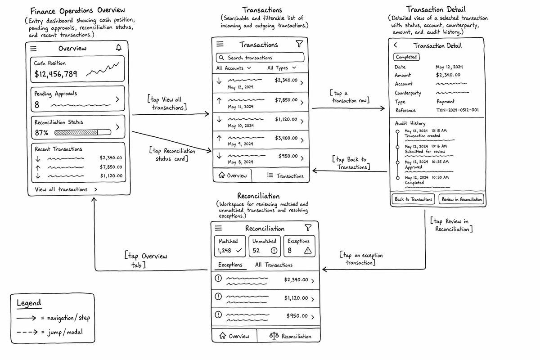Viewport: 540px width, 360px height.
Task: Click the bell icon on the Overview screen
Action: (x=119, y=48)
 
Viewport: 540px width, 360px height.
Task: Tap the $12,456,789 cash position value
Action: (x=56, y=74)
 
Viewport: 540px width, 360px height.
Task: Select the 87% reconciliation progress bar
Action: (x=83, y=132)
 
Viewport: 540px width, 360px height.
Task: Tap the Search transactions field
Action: (x=260, y=58)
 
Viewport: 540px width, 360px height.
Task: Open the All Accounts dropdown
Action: (x=234, y=68)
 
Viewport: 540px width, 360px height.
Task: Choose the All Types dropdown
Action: (x=282, y=68)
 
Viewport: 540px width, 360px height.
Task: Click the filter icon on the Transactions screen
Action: (x=299, y=44)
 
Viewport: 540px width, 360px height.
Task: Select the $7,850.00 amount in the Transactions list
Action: (x=286, y=100)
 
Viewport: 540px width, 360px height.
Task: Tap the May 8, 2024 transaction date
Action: (x=240, y=162)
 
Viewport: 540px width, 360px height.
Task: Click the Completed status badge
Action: (x=406, y=57)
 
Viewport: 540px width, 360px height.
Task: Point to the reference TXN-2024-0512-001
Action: (x=457, y=110)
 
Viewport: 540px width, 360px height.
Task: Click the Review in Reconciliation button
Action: (x=461, y=199)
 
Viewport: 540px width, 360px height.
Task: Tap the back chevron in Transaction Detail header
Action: (x=396, y=45)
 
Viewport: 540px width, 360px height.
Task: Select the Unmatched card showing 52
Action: (x=265, y=246)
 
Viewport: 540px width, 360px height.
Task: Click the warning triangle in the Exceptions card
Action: (x=308, y=251)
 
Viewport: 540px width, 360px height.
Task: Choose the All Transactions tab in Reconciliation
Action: (x=274, y=265)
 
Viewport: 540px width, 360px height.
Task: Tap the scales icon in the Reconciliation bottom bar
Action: (x=274, y=335)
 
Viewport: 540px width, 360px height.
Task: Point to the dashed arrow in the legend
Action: (x=27, y=332)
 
